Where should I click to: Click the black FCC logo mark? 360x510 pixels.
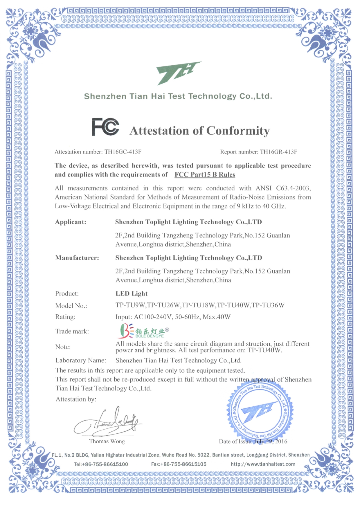pyautogui.click(x=105, y=127)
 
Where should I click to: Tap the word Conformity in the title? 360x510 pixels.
pyautogui.click(x=238, y=131)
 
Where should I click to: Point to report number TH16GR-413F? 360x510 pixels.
pyautogui.click(x=278, y=152)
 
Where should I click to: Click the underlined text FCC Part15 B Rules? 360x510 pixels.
pyautogui.click(x=205, y=175)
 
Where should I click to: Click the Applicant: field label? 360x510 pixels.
pyautogui.click(x=71, y=222)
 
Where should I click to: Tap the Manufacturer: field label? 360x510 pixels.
pyautogui.click(x=77, y=258)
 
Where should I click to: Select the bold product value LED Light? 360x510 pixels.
pyautogui.click(x=132, y=293)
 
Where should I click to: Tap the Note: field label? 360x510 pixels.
pyautogui.click(x=63, y=347)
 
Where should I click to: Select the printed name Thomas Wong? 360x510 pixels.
pyautogui.click(x=107, y=441)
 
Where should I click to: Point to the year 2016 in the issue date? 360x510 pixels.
pyautogui.click(x=281, y=441)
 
